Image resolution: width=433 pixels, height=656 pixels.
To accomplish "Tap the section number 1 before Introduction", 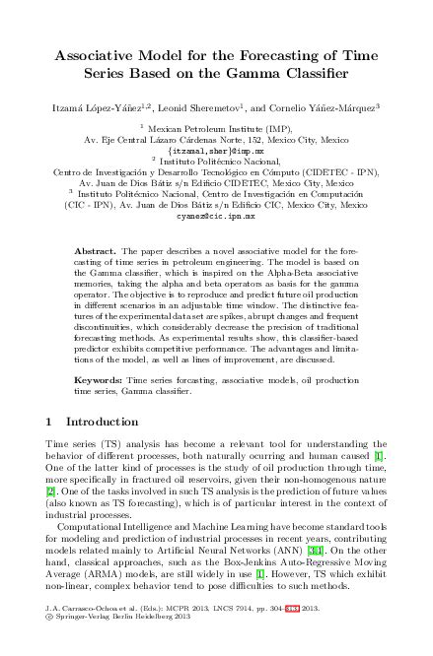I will [50, 422].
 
